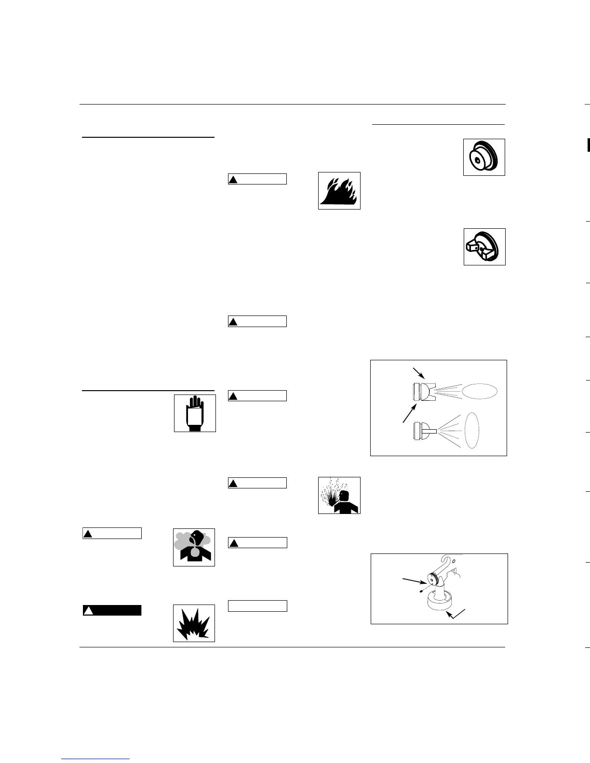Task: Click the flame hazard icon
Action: coord(339,191)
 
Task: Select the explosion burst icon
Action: coord(194,623)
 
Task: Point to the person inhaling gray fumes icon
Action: coord(194,547)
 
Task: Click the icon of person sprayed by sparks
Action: coord(339,495)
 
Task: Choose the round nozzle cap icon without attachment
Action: coord(484,157)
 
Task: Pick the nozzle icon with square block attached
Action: coord(484,247)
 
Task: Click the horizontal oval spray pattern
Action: coord(480,390)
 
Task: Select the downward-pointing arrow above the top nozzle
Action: coord(419,374)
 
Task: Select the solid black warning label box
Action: coord(112,610)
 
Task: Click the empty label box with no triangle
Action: coord(257,606)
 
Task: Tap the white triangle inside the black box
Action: coord(88,611)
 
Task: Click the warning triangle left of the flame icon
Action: coord(233,180)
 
